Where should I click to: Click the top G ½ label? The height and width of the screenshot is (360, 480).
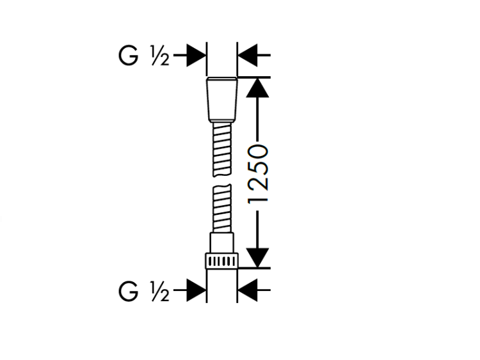click(x=144, y=56)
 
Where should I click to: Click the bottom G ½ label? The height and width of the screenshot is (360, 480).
click(x=144, y=291)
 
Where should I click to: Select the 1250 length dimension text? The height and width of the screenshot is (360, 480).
click(x=258, y=174)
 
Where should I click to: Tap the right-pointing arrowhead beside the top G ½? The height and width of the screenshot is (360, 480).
click(x=196, y=56)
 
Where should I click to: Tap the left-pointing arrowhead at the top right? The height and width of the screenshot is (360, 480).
click(x=247, y=56)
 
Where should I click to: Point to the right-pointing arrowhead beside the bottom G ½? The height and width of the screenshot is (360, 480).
click(x=196, y=290)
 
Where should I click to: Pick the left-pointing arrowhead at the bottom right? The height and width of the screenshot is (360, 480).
click(x=247, y=290)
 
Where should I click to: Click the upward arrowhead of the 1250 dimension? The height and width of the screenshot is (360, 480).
click(x=258, y=88)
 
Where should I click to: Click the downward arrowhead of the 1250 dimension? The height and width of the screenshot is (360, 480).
click(x=258, y=258)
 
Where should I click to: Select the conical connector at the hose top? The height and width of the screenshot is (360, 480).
click(x=222, y=100)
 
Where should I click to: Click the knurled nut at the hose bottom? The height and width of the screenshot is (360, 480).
click(x=222, y=261)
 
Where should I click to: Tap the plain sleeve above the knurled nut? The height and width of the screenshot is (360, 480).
click(x=222, y=243)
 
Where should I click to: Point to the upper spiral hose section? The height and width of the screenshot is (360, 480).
click(x=222, y=150)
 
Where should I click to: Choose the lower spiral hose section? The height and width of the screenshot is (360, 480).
click(x=222, y=208)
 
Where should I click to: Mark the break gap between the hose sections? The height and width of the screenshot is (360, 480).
click(x=222, y=180)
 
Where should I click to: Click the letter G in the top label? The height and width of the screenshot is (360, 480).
click(x=128, y=56)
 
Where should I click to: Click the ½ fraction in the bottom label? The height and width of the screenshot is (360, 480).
click(x=160, y=292)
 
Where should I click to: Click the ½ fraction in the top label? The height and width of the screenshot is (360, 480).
click(x=160, y=56)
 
